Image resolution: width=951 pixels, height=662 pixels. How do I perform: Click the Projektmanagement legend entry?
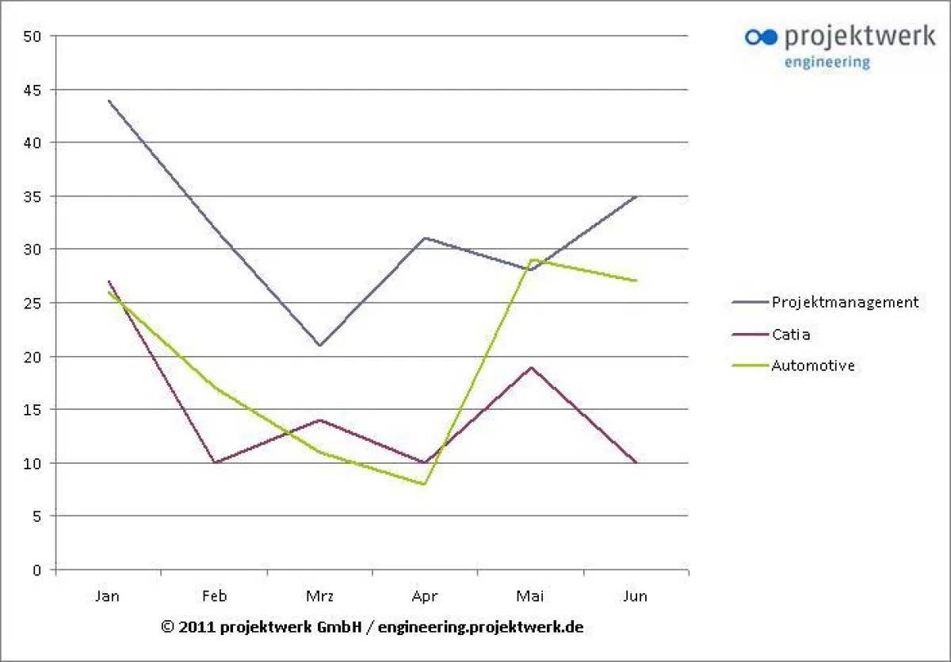[845, 302]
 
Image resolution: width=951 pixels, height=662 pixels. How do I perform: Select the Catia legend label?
[791, 335]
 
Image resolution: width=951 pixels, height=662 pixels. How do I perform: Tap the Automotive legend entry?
[812, 366]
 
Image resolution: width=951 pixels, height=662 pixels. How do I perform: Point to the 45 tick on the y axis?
[33, 90]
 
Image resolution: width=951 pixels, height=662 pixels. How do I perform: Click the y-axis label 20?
[33, 357]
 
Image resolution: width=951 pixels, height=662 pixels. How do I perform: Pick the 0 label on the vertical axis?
[37, 569]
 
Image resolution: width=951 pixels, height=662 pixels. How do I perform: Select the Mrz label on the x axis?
[319, 596]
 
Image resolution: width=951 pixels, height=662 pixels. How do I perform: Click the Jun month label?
[636, 596]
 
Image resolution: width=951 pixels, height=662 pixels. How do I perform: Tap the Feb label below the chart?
[214, 596]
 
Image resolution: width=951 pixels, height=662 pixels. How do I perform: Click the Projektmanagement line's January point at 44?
[109, 101]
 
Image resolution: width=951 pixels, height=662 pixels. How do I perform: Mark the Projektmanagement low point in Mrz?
[319, 346]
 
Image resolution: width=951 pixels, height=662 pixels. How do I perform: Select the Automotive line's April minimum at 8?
[425, 484]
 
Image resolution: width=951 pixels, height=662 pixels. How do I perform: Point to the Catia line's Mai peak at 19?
[530, 367]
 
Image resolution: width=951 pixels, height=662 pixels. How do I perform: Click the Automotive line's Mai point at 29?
[530, 260]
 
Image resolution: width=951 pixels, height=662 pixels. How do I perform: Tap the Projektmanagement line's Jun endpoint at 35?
[636, 196]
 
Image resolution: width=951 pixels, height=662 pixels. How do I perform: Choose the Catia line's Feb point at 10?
[214, 462]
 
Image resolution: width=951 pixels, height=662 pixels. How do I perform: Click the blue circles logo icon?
[762, 36]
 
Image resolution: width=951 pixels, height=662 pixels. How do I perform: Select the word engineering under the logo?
[827, 62]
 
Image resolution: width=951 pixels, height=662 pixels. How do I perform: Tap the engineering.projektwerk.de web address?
[481, 626]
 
